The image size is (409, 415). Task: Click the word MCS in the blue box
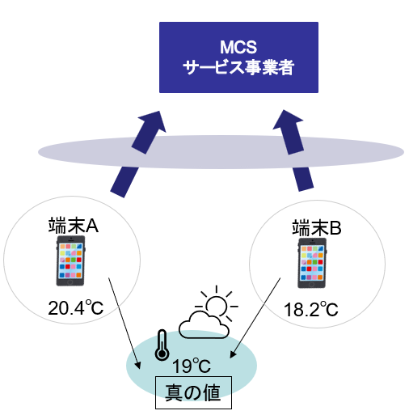pos(238,47)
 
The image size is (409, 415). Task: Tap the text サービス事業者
pos(238,67)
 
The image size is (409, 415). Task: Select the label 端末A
pos(74,226)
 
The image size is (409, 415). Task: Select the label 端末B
pos(317,228)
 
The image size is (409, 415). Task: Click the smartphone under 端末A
pos(70,260)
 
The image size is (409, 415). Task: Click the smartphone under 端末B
pos(312,263)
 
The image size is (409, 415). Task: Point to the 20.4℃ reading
pos(76,307)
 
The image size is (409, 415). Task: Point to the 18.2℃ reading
pos(311,309)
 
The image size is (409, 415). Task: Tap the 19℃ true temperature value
pos(192,366)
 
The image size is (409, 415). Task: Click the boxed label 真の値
pos(193,392)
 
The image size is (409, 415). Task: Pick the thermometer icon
pos(162,345)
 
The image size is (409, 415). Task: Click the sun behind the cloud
pos(217,303)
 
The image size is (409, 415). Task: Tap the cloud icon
pos(204,325)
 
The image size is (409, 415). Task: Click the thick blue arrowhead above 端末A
pos(152,121)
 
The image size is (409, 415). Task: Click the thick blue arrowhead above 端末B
pos(288,120)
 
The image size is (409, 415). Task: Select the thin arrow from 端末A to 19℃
pos(124,323)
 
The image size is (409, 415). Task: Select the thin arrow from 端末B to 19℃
pos(255,318)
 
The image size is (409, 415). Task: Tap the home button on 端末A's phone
pos(70,282)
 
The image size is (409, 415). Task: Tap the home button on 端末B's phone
pos(312,285)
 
